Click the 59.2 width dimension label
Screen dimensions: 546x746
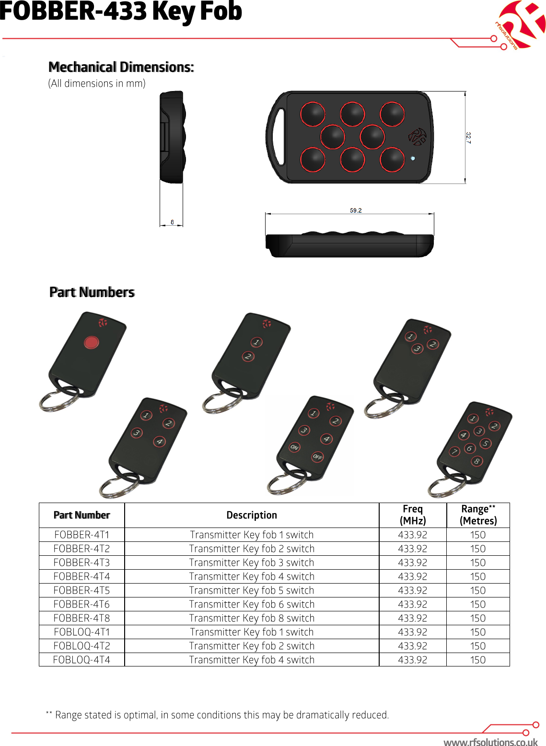click(x=356, y=210)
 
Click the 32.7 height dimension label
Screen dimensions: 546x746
click(x=468, y=138)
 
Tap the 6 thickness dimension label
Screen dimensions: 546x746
click(x=173, y=222)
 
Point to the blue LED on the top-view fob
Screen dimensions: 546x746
click(x=413, y=158)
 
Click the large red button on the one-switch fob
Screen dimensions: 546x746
click(x=91, y=342)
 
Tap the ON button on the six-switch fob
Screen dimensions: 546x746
click(x=294, y=447)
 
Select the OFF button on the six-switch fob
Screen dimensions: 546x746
click(x=317, y=457)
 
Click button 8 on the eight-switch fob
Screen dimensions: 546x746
click(x=476, y=461)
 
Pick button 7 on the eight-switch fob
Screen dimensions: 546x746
click(x=454, y=451)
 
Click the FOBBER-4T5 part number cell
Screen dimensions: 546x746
click(x=81, y=590)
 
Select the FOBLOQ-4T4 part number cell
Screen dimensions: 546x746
click(x=81, y=660)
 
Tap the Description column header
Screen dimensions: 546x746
click(x=252, y=515)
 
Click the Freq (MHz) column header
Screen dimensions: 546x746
click(x=413, y=515)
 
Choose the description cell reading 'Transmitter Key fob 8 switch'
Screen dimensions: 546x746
click(x=252, y=618)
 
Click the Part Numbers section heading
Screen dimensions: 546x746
click(x=92, y=292)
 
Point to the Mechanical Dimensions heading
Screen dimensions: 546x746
click(x=121, y=67)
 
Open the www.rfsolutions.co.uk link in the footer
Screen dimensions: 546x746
click(x=490, y=742)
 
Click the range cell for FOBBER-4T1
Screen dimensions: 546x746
click(x=478, y=535)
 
